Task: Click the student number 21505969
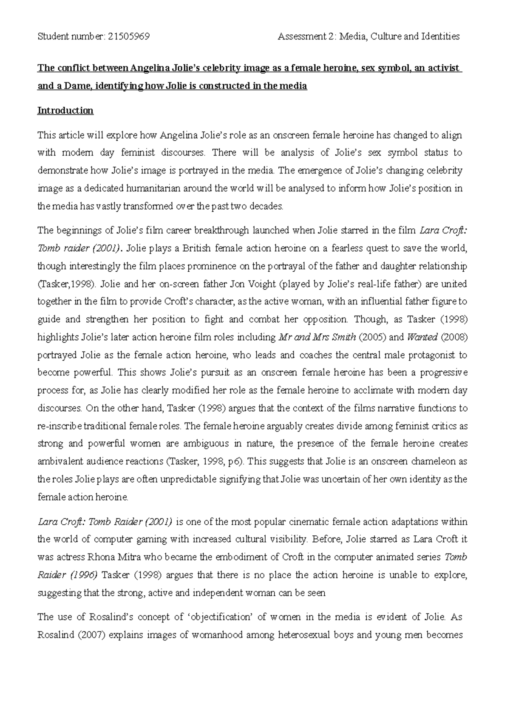pyautogui.click(x=129, y=37)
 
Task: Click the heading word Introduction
pyautogui.click(x=65, y=111)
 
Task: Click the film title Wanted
pyautogui.click(x=422, y=337)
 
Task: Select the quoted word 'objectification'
pyautogui.click(x=221, y=617)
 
